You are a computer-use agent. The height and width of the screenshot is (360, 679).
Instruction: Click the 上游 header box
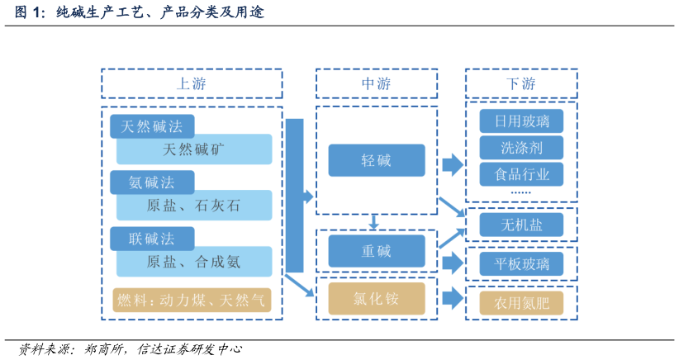[192, 83]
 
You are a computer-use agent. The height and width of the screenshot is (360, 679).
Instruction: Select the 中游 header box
[377, 83]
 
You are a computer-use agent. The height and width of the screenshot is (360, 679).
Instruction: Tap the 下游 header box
[520, 83]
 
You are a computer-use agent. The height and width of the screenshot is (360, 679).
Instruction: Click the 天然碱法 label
[152, 126]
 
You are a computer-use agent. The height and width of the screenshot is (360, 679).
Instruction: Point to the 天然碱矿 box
[194, 149]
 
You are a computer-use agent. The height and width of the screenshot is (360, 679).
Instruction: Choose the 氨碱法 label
[152, 182]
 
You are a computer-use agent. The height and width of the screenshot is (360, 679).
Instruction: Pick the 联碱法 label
[152, 239]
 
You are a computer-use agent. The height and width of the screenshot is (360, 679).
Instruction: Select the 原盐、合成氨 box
[194, 262]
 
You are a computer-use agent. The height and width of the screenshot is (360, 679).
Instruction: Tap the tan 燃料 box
[192, 300]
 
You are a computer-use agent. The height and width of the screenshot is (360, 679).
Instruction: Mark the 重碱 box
[377, 251]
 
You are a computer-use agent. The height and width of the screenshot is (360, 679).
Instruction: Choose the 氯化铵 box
[377, 298]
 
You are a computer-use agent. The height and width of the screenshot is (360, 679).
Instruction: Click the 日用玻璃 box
[521, 121]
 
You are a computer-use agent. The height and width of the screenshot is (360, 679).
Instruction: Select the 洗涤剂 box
[521, 148]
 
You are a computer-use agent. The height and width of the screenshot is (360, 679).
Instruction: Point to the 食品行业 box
[521, 174]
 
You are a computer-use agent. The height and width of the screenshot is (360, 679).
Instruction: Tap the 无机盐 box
[521, 225]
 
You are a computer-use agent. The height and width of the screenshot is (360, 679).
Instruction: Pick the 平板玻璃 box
[521, 263]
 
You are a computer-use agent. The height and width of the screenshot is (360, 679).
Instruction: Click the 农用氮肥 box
[521, 301]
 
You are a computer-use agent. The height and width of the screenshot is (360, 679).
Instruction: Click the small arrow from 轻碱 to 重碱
[374, 221]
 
